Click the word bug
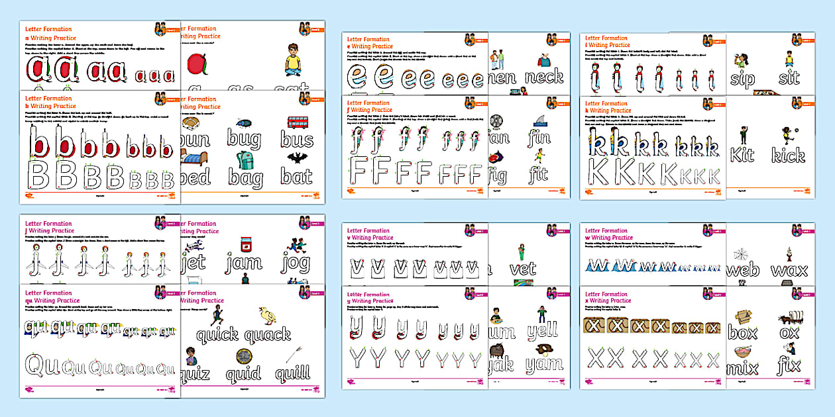pyautogui.click(x=244, y=138)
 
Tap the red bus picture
pyautogui.click(x=296, y=122)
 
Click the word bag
pyautogui.click(x=245, y=177)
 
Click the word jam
pyautogui.click(x=244, y=263)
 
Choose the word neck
pyautogui.click(x=544, y=77)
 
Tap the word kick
pyautogui.click(x=788, y=156)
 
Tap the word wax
pyautogui.click(x=789, y=271)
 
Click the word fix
pyautogui.click(x=789, y=365)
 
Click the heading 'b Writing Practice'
pyautogui.click(x=50, y=106)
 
